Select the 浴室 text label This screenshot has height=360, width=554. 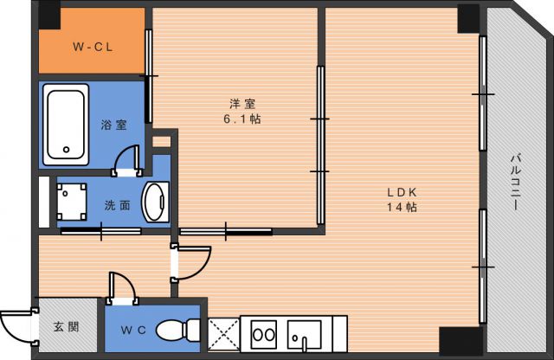[x=113, y=124]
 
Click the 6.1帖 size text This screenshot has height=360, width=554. [x=239, y=119]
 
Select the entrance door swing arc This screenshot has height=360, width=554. [x=15, y=330]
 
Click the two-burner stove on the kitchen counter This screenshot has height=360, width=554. [x=263, y=334]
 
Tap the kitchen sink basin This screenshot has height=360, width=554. [x=305, y=334]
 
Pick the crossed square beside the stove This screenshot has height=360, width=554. [x=223, y=333]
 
